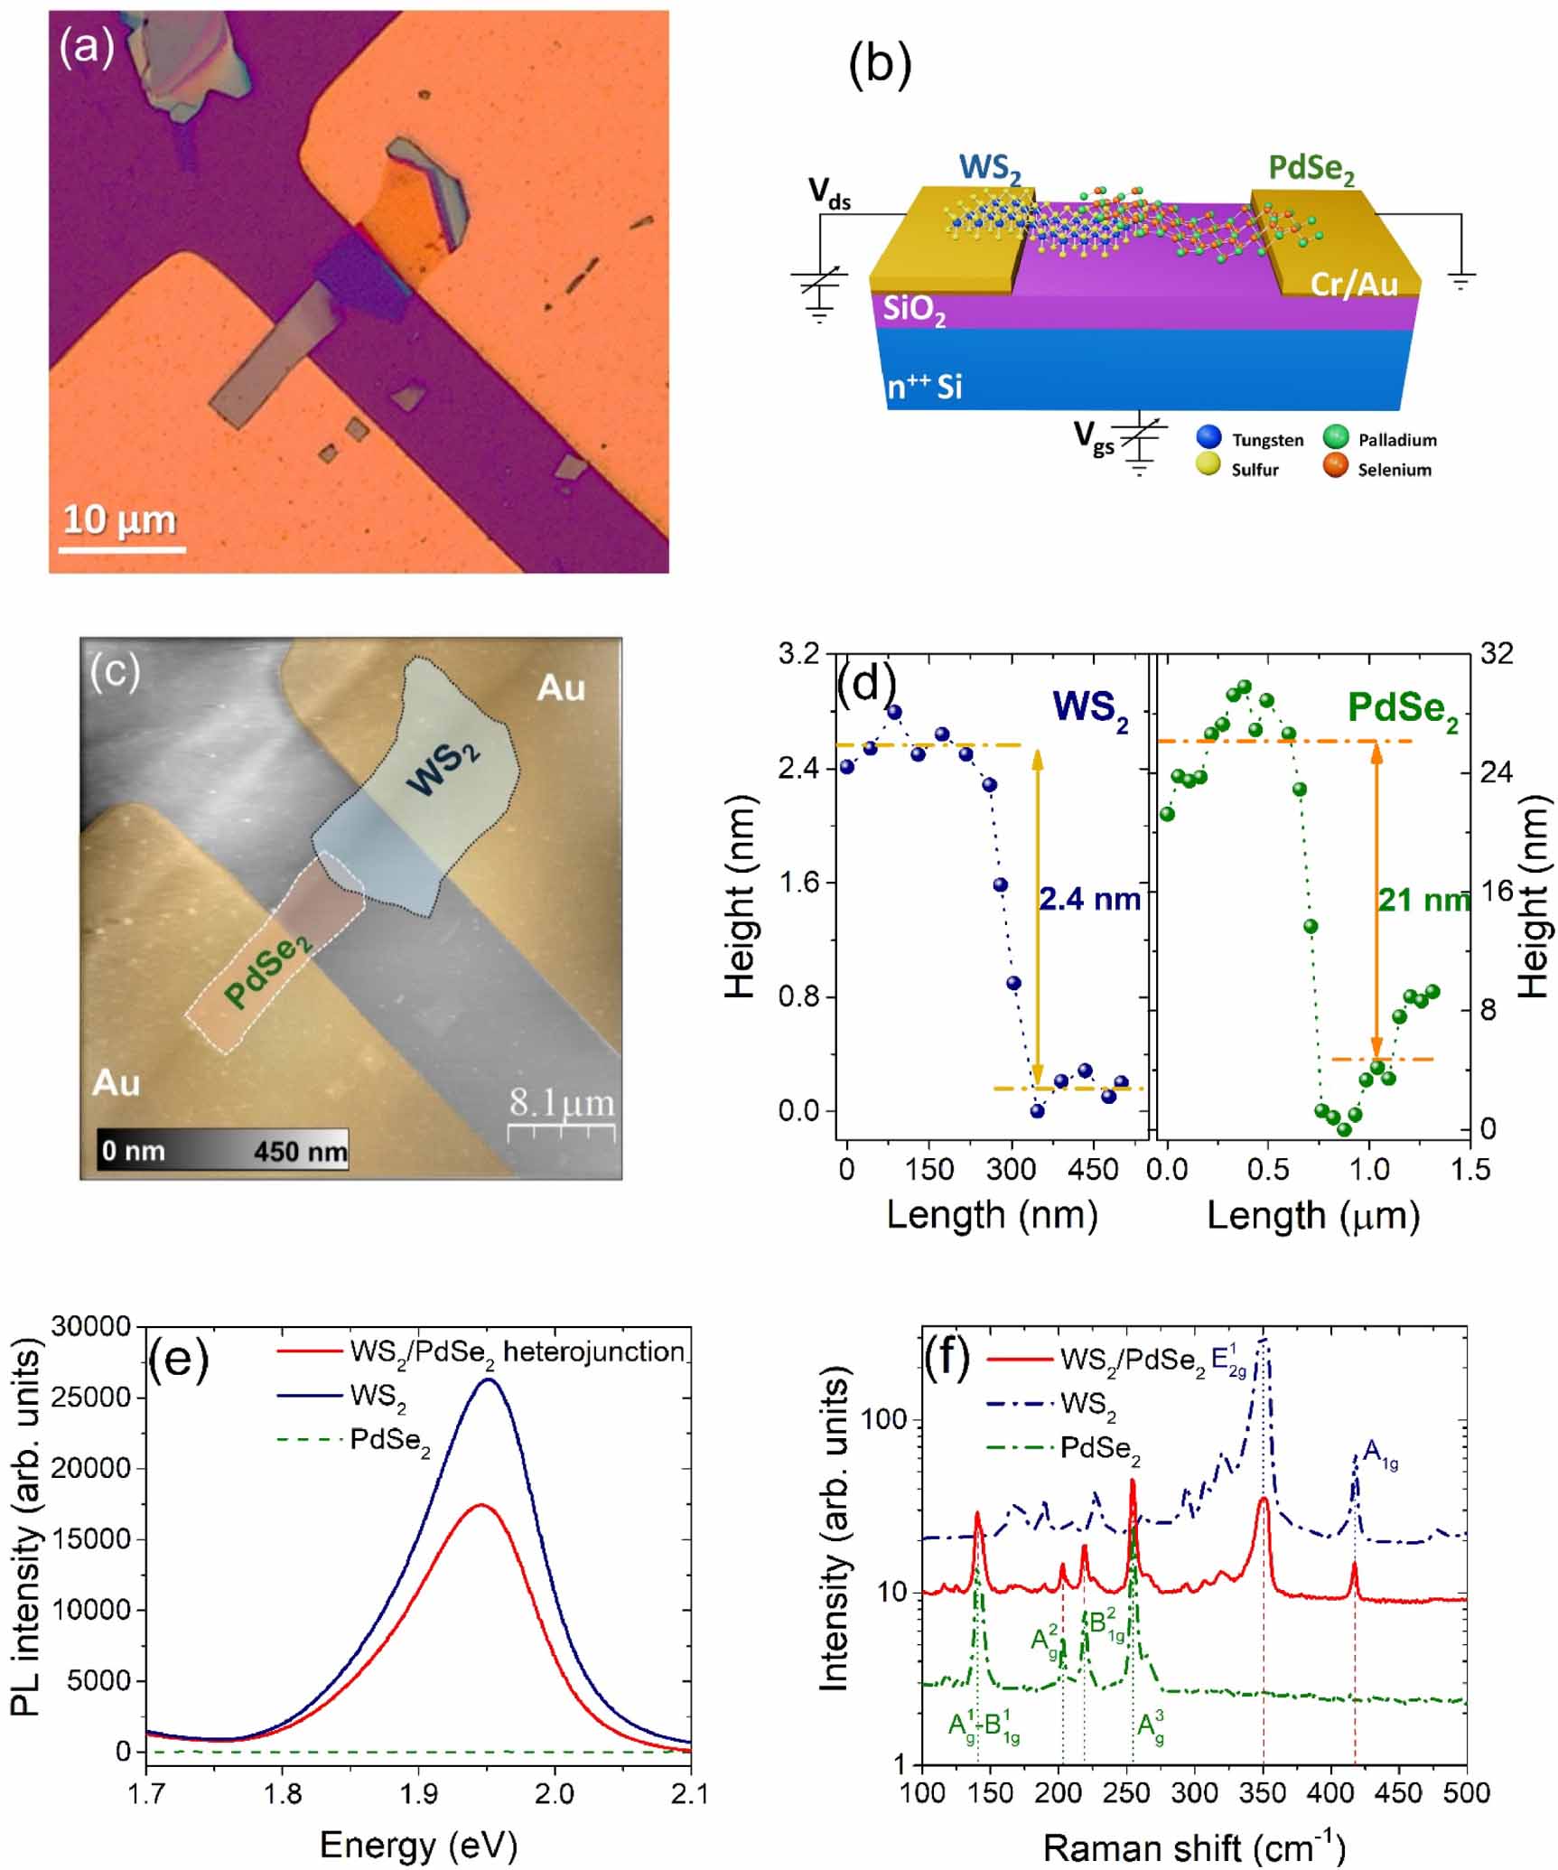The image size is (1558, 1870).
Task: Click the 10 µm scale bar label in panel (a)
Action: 119,520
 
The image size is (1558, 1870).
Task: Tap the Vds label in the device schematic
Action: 829,192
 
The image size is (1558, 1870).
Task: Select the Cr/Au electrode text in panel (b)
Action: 1353,285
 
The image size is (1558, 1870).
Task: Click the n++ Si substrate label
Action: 924,387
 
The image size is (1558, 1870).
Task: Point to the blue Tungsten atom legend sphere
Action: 1208,438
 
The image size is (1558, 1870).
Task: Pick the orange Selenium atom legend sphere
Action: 1335,467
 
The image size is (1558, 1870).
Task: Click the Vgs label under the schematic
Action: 1094,437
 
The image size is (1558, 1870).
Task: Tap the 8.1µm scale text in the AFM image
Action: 561,1103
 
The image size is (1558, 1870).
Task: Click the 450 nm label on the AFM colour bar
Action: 300,1152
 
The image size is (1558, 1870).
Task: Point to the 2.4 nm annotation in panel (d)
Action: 1089,900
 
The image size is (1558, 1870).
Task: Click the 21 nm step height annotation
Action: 1423,900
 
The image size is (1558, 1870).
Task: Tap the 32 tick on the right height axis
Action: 1497,653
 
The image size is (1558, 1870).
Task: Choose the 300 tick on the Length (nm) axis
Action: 1011,1170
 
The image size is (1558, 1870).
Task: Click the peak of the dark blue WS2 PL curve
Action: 489,1379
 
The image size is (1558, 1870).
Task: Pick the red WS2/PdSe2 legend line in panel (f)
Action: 1020,1360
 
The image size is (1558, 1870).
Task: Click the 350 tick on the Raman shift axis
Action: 1263,1792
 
